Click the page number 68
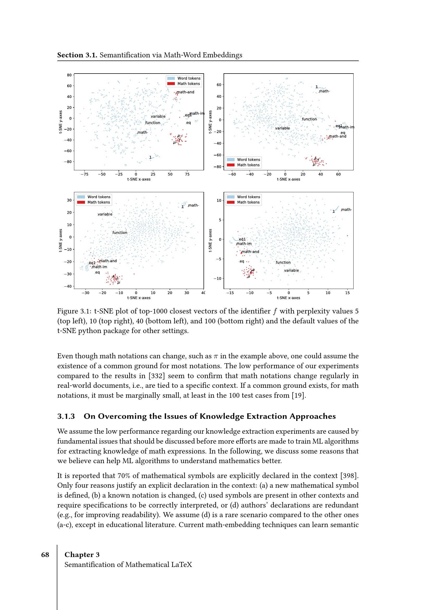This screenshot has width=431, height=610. [x=45, y=555]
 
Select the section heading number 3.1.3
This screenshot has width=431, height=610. [x=66, y=416]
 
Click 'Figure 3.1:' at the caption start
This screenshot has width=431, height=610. [x=74, y=311]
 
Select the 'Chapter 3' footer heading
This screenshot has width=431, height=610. [x=82, y=555]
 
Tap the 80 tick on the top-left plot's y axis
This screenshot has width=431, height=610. [x=69, y=75]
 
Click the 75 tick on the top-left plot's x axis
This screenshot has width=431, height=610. [x=187, y=174]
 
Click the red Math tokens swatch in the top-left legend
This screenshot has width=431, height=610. [x=171, y=84]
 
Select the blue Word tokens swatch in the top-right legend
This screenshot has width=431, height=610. [x=231, y=160]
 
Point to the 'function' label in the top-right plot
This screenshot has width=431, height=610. [x=309, y=119]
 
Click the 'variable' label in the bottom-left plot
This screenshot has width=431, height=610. [x=105, y=214]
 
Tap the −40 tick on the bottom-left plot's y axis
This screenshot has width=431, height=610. [x=68, y=286]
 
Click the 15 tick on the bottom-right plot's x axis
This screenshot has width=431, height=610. [x=347, y=293]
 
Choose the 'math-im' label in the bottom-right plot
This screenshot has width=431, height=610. [x=244, y=244]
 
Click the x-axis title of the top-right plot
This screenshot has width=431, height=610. [x=288, y=179]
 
